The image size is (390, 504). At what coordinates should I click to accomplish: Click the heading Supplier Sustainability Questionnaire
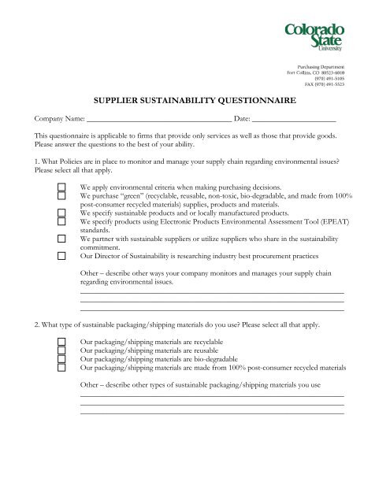[195, 102]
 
